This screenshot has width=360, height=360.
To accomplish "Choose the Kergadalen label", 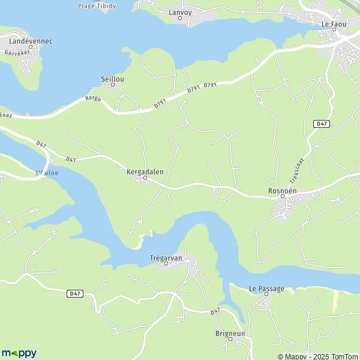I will (x=145, y=171).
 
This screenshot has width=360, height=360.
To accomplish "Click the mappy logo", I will (x=19, y=353).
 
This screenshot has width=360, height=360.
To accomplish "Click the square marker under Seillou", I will (x=112, y=85).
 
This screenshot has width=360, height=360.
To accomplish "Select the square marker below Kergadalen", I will (x=145, y=178).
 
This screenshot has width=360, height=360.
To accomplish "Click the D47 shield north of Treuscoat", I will (x=322, y=124).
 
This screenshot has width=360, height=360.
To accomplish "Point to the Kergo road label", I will (x=92, y=98).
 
